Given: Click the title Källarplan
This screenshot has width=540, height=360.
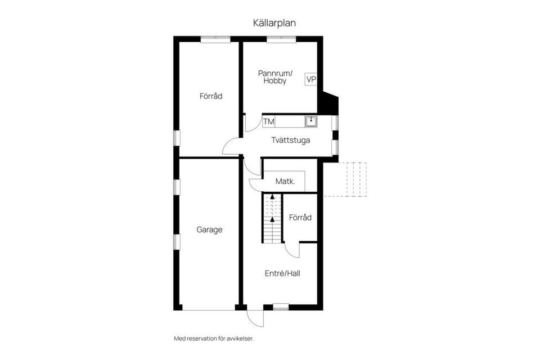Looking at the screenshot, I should pos(274,23).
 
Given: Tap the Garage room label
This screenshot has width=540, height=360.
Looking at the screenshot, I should pos(209,229).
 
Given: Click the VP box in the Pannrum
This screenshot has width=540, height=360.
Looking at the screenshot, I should pos(311,79).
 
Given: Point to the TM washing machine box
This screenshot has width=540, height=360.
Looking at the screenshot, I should pos(268,121).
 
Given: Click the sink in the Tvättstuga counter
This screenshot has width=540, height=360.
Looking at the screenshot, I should pos(310,121).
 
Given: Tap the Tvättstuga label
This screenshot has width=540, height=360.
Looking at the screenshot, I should pos(291,140).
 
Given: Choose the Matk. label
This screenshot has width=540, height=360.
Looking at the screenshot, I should pos(285,182).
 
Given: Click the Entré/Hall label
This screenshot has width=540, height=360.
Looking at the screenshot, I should pos(282,274).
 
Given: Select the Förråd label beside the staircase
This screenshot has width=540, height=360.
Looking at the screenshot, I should pos(300,218).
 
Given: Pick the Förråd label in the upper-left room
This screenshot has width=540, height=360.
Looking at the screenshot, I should pos(211,96).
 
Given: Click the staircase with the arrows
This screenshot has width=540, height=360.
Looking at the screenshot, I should pos(272,218).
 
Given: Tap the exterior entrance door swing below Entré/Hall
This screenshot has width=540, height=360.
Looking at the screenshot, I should pos(256,317).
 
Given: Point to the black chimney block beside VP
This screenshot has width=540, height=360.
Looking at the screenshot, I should pos(327,103).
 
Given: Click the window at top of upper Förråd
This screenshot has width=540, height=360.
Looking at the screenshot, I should pos(215,39).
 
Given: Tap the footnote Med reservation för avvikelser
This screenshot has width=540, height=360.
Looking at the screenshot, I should pos(218,339).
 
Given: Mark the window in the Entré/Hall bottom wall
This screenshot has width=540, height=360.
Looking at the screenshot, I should pos(281,307).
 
